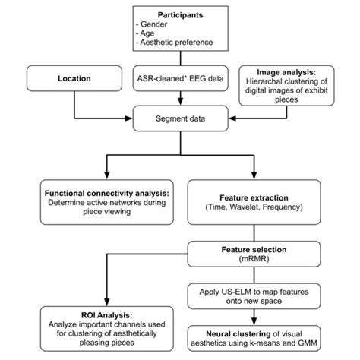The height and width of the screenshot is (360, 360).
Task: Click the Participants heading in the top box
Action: (181, 15)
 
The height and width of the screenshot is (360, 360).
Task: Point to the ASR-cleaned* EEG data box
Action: (181, 77)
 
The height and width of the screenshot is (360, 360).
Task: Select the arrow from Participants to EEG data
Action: (181, 59)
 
